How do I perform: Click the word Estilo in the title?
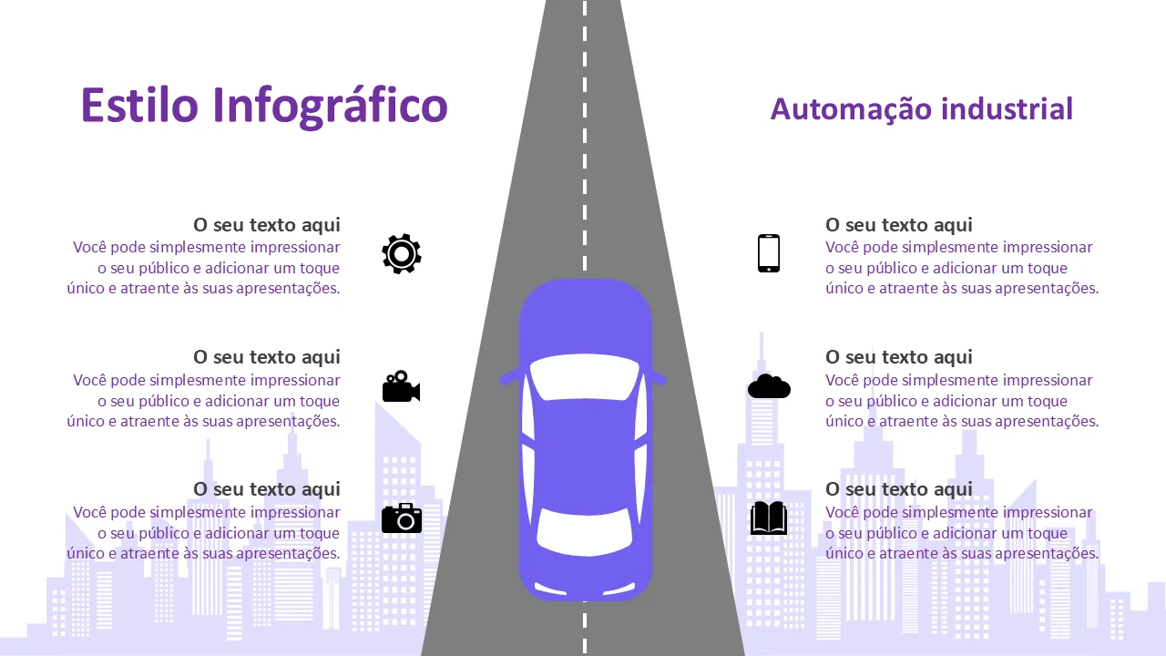click(x=139, y=105)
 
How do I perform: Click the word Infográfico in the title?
click(x=330, y=108)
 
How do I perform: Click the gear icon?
click(x=402, y=253)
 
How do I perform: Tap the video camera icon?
click(x=402, y=386)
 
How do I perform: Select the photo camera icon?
click(x=402, y=518)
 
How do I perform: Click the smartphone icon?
click(x=769, y=253)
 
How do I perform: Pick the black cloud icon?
click(x=769, y=386)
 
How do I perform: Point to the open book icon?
click(x=769, y=518)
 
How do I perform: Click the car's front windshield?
click(x=585, y=377)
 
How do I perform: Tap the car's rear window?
click(x=585, y=531)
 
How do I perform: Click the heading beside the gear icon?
click(x=267, y=225)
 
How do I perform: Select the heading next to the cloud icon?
click(x=899, y=357)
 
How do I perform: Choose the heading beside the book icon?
click(x=899, y=489)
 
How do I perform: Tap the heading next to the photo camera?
click(x=267, y=489)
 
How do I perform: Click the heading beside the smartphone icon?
click(x=899, y=225)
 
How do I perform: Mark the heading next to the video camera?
click(x=267, y=357)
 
